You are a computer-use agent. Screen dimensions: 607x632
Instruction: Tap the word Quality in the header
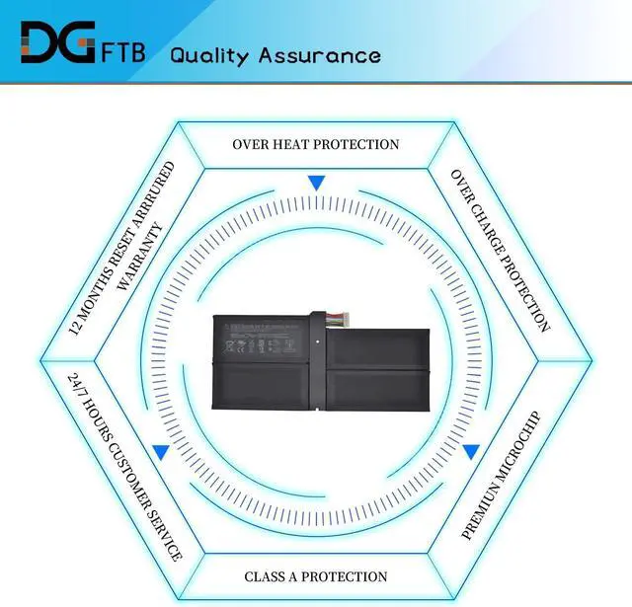click(210, 55)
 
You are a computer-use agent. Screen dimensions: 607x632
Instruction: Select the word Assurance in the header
click(319, 54)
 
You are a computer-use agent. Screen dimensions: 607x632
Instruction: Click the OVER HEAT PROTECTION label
click(316, 144)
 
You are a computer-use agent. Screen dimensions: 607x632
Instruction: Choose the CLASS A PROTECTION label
click(316, 576)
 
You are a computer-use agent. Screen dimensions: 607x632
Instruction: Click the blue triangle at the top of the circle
click(316, 183)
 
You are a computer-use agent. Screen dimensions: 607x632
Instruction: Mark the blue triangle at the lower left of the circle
click(160, 452)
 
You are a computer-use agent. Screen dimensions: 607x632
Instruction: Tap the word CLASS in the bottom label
click(269, 576)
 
